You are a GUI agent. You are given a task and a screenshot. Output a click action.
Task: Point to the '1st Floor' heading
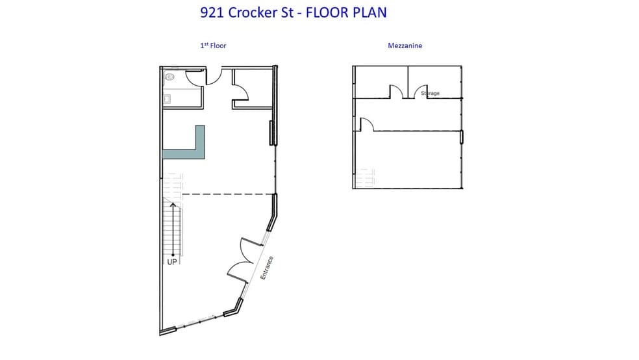pyautogui.click(x=212, y=45)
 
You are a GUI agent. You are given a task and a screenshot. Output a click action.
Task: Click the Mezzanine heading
pyautogui.click(x=406, y=45)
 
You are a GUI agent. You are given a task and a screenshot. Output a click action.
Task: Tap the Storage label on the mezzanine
pyautogui.click(x=430, y=94)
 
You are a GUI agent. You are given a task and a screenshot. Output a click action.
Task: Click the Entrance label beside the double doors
pyautogui.click(x=266, y=268)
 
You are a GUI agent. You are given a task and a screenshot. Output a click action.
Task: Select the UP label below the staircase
pyautogui.click(x=172, y=262)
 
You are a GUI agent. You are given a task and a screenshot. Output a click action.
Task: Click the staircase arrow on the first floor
pyautogui.click(x=172, y=227)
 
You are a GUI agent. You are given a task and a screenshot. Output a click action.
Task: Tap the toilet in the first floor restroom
pyautogui.click(x=169, y=77)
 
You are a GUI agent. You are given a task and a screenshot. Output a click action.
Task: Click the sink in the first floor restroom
pyautogui.click(x=167, y=99)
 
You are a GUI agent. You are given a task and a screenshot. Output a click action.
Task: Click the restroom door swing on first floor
pyautogui.click(x=195, y=77)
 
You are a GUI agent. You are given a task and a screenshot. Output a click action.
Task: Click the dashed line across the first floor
pyautogui.click(x=227, y=194)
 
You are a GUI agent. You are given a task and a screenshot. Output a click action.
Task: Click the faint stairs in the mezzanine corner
pyautogui.click(x=365, y=177)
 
